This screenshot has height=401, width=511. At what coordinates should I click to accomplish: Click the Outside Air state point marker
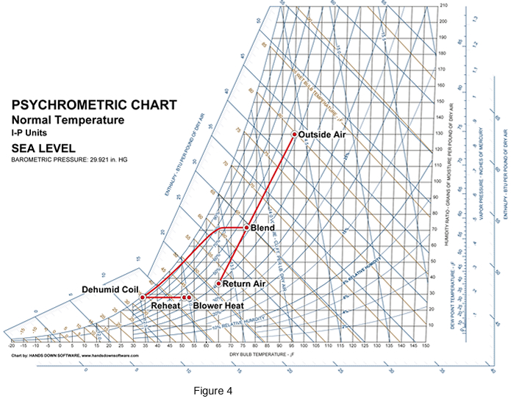click(x=294, y=134)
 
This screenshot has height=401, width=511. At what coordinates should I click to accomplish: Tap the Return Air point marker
click(x=218, y=283)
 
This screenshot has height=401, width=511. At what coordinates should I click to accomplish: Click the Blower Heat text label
click(x=218, y=304)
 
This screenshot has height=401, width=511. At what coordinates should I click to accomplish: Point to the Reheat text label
click(x=165, y=304)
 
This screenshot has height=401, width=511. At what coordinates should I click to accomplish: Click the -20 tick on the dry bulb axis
click(x=11, y=344)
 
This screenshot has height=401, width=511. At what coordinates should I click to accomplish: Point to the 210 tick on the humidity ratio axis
click(x=443, y=6)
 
